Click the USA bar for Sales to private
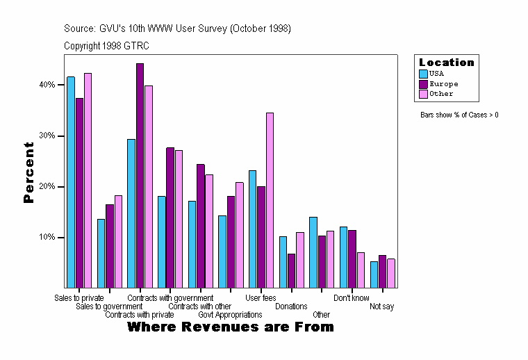click(71, 182)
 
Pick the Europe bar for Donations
click(292, 270)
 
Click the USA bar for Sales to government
click(101, 253)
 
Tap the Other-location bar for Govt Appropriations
click(240, 235)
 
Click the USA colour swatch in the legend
click(423, 73)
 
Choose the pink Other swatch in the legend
click(423, 94)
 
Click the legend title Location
click(447, 63)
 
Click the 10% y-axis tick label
click(46, 238)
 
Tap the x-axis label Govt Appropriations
click(230, 315)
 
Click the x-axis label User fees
click(261, 298)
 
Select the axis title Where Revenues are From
click(231, 327)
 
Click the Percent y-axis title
click(28, 172)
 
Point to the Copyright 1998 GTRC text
click(106, 46)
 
